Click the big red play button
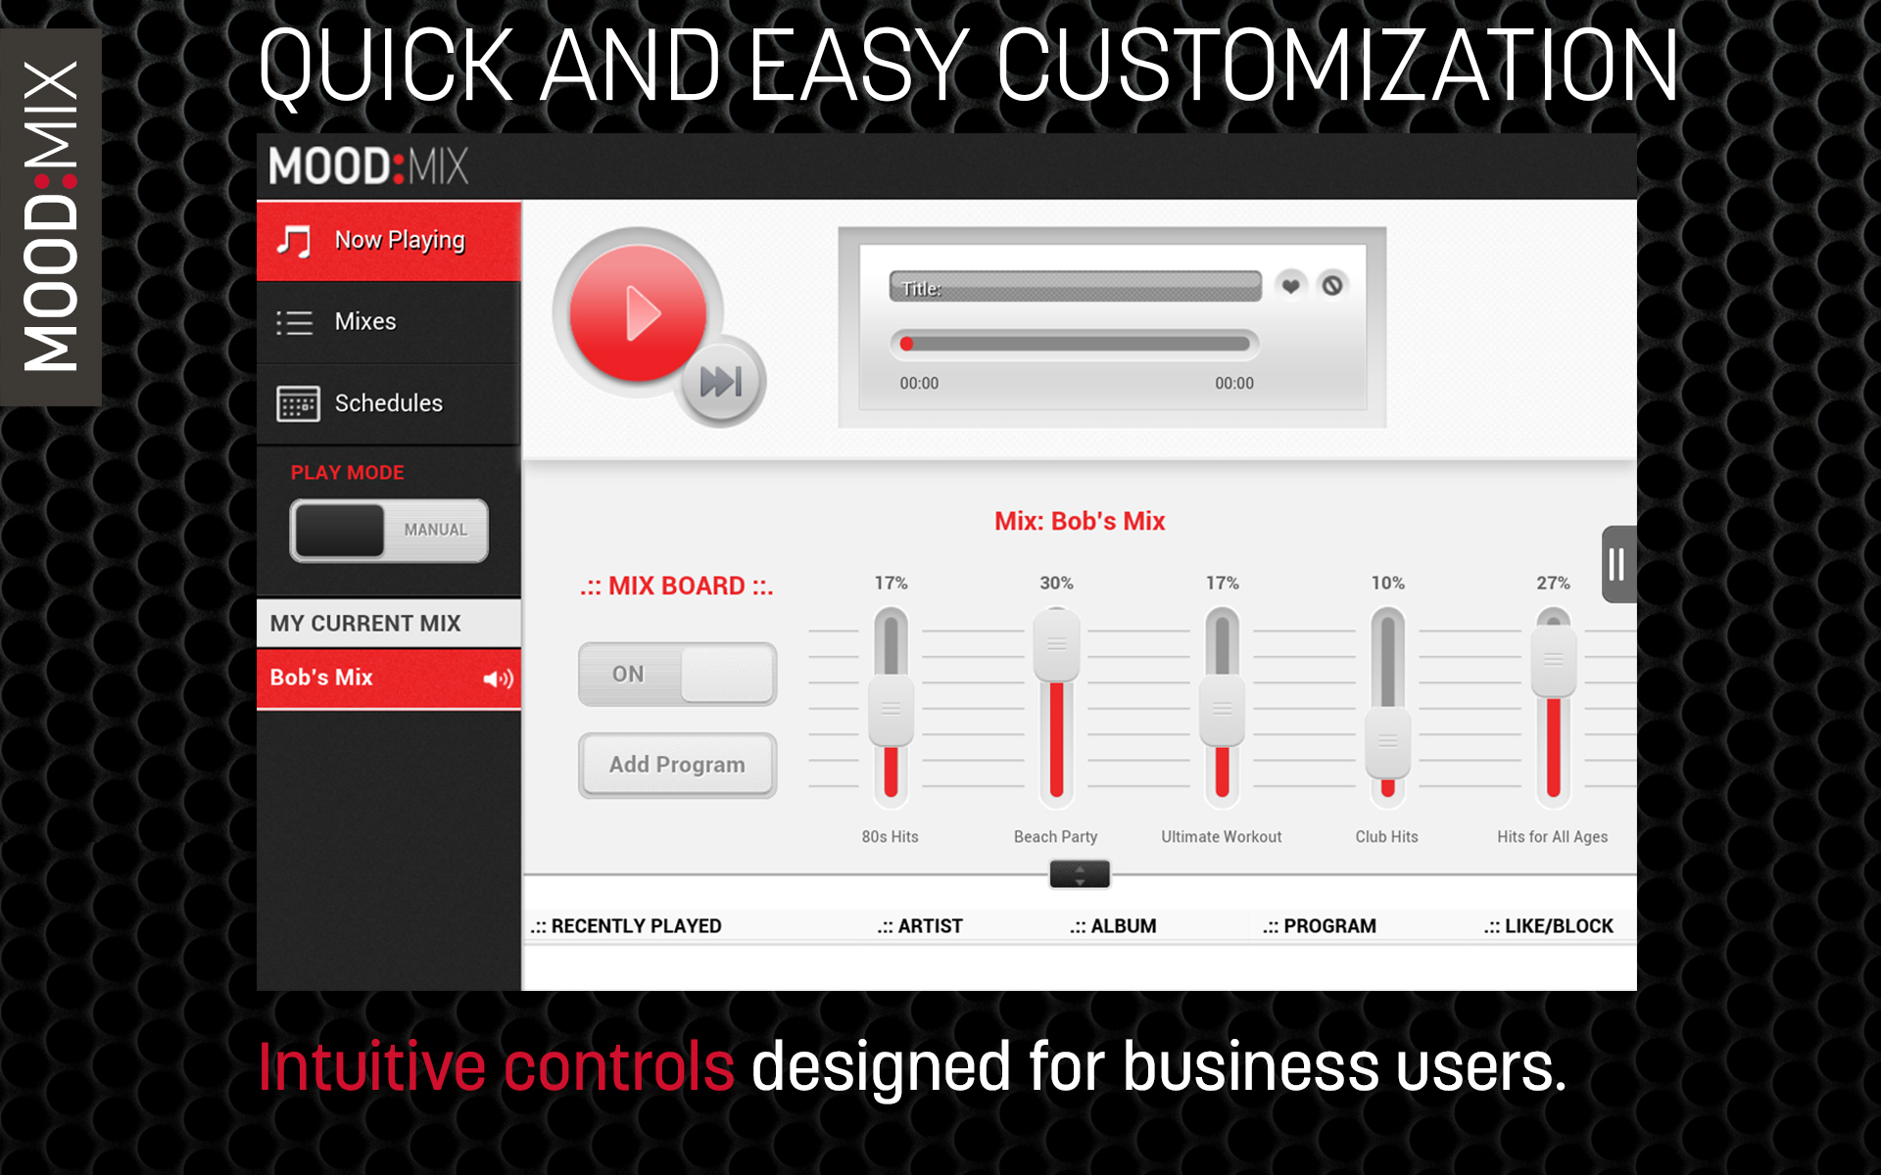[638, 313]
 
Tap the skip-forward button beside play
[721, 381]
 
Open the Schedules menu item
[389, 403]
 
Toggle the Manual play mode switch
[389, 530]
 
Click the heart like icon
[1291, 286]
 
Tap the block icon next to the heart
[1332, 286]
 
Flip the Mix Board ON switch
[677, 674]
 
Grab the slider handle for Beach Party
[1056, 645]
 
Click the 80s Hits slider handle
[891, 710]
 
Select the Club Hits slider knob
[1387, 742]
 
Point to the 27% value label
[1553, 584]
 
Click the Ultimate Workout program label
[1222, 837]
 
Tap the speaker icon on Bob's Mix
[498, 679]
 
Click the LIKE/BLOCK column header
[1548, 926]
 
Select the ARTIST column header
[920, 926]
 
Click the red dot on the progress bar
[907, 344]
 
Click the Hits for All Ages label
[1552, 837]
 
